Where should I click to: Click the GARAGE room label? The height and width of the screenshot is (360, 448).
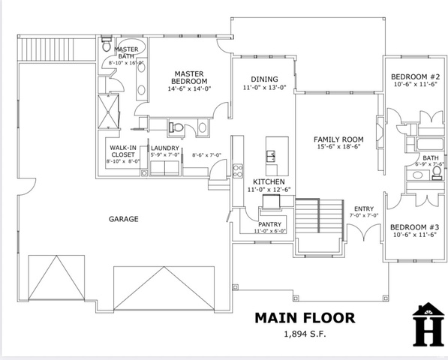pos(123,219)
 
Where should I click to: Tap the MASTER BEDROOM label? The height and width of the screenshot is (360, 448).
pos(189,77)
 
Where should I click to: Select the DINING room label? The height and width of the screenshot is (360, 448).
pos(264,79)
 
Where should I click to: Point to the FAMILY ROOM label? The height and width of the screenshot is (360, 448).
pos(338,139)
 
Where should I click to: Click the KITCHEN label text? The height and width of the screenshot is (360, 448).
pos(269,181)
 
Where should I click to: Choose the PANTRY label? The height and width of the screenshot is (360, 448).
pos(269,224)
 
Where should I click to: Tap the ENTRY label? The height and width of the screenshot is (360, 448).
pos(364,208)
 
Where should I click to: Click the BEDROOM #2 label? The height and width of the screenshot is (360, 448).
pos(415,76)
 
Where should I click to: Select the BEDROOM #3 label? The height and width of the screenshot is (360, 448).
pos(414,227)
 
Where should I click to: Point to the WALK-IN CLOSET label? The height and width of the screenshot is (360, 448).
pos(123,151)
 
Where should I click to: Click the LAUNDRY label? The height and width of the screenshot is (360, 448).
pos(165,148)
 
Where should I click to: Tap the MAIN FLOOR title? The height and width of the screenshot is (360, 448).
pos(305,318)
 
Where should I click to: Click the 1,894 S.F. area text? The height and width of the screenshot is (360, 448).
pos(305,334)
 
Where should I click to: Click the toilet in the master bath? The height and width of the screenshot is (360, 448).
pos(107,44)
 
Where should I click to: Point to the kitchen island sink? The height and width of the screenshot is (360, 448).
pos(271,156)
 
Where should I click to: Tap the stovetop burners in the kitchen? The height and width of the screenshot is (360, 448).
pos(237,171)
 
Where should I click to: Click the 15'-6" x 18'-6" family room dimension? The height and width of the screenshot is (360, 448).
pos(338,147)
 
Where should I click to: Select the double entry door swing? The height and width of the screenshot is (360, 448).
pos(364,232)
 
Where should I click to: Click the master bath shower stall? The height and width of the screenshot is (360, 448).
pos(108,111)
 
